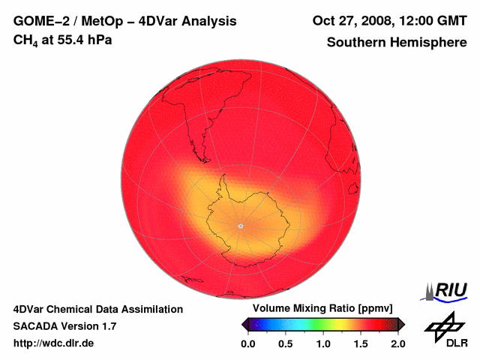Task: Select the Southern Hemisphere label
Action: pos(397,43)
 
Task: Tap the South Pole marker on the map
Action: pos(240,225)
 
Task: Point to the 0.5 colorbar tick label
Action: pos(285,343)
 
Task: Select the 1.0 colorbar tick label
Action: pos(322,343)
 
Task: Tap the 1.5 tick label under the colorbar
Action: pos(361,343)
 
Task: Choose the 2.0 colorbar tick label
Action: pos(398,343)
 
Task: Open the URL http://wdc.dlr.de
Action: pos(54,343)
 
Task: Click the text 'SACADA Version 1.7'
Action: pos(64,326)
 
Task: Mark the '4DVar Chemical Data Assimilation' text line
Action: pos(97,309)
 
